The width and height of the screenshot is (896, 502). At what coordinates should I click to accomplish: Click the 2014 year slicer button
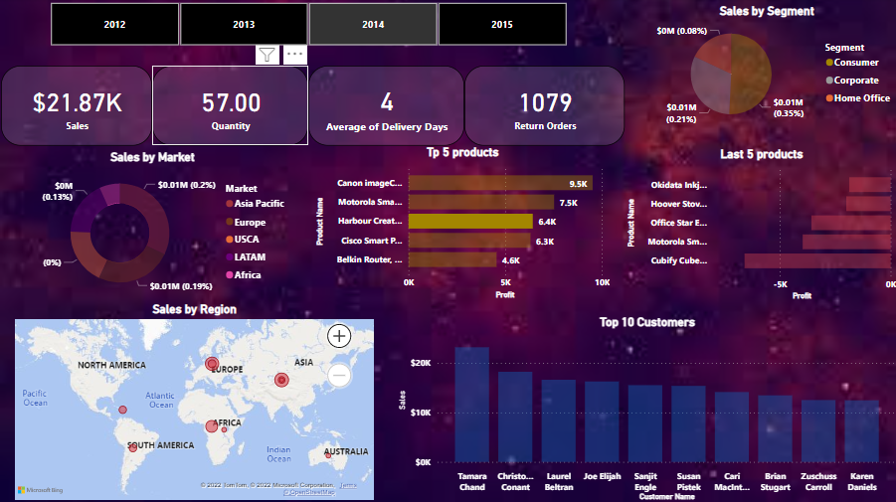pos(373,23)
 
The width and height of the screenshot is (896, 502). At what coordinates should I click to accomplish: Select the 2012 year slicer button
pos(114,23)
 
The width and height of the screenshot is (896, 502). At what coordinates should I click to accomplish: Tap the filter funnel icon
pos(267,55)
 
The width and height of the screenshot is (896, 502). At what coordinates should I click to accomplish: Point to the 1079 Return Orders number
pos(544,102)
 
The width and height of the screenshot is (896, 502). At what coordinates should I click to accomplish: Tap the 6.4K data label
pos(546,222)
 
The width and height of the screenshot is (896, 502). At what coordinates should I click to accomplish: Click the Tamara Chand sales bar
pos(472,404)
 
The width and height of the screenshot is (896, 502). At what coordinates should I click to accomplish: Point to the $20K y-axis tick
pos(420,363)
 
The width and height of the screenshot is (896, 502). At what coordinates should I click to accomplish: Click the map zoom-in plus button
pos(340,336)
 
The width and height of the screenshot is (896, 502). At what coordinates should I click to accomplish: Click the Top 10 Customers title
pos(646,322)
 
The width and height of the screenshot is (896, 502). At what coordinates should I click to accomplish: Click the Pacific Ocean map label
pos(35,398)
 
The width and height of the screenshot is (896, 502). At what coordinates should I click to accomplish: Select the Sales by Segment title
pos(766,11)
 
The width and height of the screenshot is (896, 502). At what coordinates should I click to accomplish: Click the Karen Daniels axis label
pos(861,481)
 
